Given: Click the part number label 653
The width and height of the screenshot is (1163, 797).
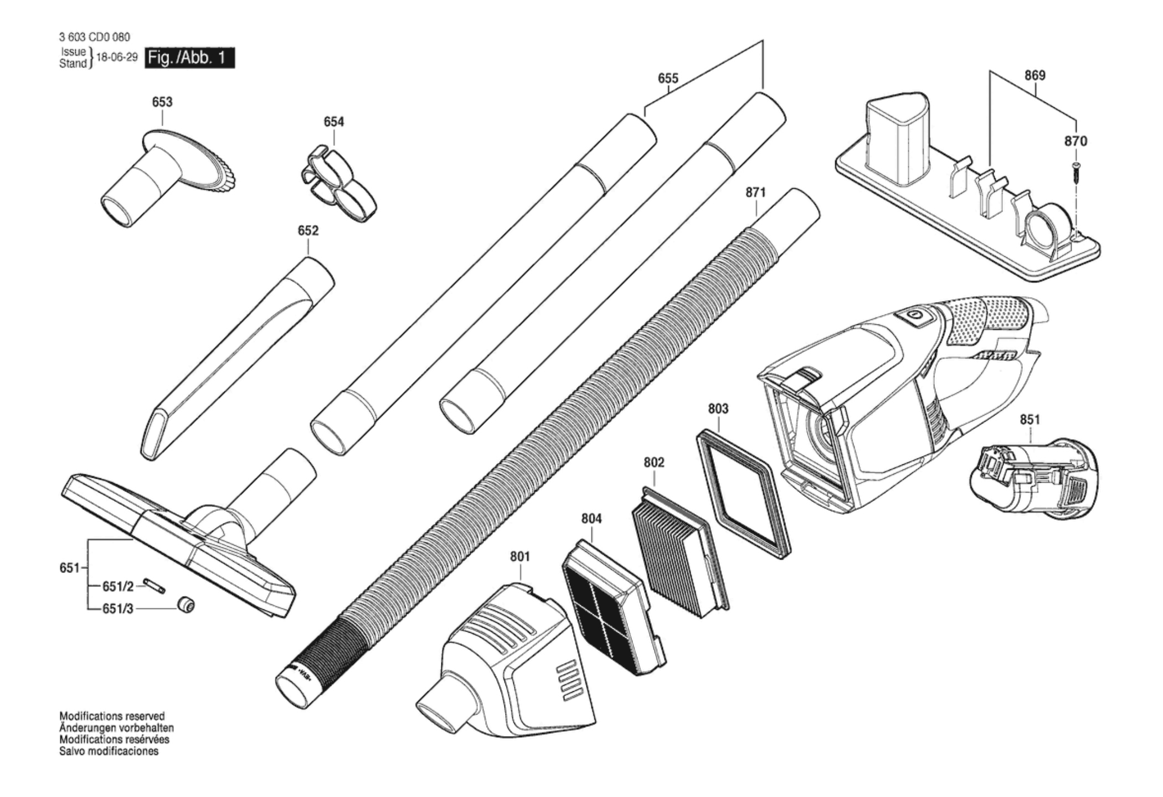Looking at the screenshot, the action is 162,102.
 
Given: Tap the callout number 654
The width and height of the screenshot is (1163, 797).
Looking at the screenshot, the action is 334,121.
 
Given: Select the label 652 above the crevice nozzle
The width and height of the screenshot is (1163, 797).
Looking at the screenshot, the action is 308,230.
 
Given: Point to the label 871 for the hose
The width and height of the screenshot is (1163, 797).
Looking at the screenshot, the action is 755,192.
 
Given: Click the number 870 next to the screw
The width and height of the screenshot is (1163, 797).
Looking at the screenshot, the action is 1075,141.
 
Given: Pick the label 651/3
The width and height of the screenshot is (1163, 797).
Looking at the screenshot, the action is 118,609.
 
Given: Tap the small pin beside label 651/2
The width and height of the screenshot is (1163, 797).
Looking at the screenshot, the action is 154,585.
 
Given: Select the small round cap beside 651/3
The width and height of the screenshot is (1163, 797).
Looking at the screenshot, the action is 186,605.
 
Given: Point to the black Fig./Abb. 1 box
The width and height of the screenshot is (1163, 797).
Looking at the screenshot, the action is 189,58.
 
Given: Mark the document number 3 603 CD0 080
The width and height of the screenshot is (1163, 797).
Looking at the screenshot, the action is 95,37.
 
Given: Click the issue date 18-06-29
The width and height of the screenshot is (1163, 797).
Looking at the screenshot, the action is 116,58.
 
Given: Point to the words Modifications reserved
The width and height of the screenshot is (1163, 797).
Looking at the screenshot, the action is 112,716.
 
